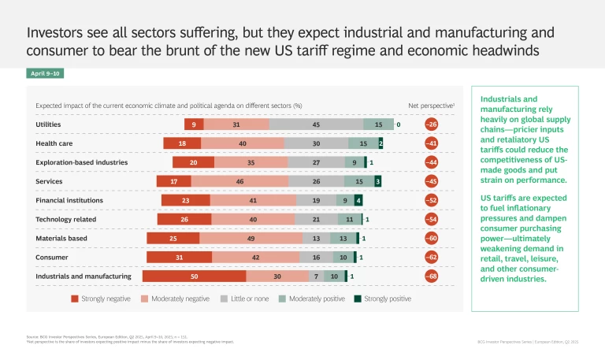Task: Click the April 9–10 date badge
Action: pos(45,73)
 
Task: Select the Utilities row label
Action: pos(48,124)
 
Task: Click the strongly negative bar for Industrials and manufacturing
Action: pos(194,276)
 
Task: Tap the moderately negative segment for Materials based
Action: pos(251,238)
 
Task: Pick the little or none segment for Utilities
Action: pos(316,124)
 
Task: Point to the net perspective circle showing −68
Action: pos(432,276)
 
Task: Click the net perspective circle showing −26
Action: pos(432,124)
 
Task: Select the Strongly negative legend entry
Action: pos(102,299)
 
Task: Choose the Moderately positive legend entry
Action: pos(311,299)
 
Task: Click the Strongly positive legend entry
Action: pos(382,299)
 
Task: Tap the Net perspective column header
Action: pos(431,105)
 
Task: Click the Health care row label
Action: pos(51,143)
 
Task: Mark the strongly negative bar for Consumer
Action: pos(180,257)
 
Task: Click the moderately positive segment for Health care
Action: pos(362,143)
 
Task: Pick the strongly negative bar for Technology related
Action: pos(184,219)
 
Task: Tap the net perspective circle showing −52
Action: pos(432,200)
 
